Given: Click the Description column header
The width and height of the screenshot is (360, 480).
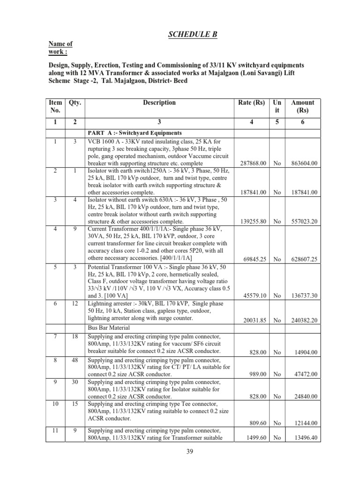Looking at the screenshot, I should click(x=160, y=103).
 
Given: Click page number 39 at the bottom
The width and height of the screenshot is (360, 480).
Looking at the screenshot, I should click(x=180, y=452).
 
